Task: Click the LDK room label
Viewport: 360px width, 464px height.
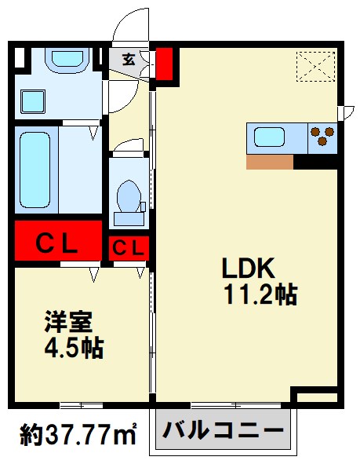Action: [x=249, y=268]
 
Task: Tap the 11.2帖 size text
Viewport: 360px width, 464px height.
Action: [x=260, y=294]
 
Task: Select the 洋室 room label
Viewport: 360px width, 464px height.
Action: [x=68, y=322]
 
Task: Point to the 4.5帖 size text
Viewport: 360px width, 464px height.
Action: [x=74, y=348]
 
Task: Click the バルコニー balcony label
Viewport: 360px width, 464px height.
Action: [x=224, y=430]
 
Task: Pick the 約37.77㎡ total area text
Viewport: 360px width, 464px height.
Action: [x=78, y=434]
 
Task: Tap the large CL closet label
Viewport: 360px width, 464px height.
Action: [x=56, y=244]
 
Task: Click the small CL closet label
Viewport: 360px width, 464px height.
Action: [x=129, y=248]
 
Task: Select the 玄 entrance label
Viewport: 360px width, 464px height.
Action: [x=129, y=59]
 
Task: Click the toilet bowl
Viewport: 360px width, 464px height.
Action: [x=129, y=195]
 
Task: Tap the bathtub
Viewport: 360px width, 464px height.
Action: [x=35, y=170]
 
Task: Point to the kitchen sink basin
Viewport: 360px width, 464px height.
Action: [x=269, y=137]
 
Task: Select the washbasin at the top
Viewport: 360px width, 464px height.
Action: [x=67, y=60]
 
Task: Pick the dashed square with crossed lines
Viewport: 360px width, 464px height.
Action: [x=315, y=66]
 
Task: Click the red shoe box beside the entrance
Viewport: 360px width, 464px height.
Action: [x=164, y=64]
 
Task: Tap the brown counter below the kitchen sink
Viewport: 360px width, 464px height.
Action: [x=270, y=162]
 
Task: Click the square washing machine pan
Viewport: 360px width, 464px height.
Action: [x=33, y=101]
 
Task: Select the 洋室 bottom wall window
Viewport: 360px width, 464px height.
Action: [x=82, y=405]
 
